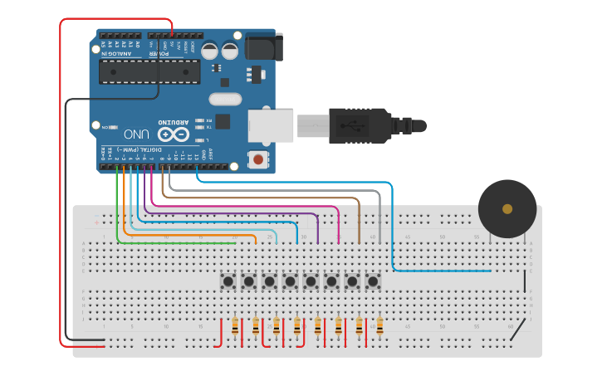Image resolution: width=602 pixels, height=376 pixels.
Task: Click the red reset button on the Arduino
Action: click(259, 159)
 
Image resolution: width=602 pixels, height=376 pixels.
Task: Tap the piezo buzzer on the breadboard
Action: click(507, 209)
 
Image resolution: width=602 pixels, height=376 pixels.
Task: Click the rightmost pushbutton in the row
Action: click(373, 282)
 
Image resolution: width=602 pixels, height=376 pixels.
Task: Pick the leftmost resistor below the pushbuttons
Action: click(235, 327)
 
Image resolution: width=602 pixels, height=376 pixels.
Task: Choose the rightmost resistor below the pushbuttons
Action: click(379, 327)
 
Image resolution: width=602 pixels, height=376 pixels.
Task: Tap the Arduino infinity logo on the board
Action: click(175, 134)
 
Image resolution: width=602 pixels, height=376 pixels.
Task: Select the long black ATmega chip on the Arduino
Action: click(149, 72)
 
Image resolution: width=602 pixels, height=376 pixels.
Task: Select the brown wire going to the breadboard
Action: click(359, 220)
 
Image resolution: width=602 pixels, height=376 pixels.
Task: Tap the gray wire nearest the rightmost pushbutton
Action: click(379, 216)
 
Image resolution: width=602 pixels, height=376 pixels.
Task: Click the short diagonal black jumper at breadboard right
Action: click(516, 330)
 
